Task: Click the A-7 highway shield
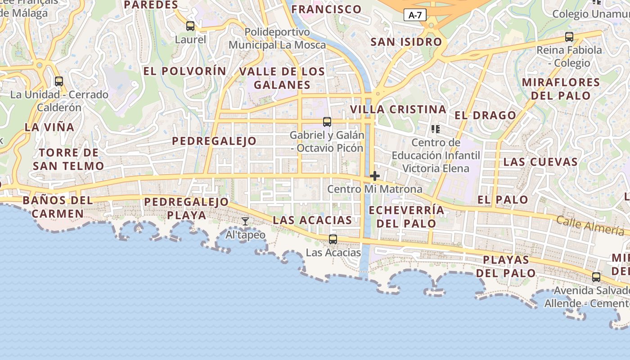point(414,15)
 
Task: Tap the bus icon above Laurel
point(190,26)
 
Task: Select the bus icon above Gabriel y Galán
point(327,121)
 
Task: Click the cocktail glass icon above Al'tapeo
point(245,221)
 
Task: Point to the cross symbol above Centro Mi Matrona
point(374,176)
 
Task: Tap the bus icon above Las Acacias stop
point(333,239)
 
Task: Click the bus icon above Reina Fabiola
point(569,36)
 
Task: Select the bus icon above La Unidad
point(59,81)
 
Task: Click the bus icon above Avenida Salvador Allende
point(596,277)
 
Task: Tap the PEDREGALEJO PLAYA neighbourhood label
point(187,208)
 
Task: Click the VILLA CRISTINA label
point(398,109)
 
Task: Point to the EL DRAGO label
point(485,115)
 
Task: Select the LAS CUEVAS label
point(540,162)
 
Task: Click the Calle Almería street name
point(590,225)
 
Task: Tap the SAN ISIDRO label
point(406,42)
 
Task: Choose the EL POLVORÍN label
point(184,71)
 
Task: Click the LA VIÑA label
point(49,127)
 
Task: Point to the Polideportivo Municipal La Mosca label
point(277,39)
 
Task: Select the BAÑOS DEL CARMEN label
point(58,207)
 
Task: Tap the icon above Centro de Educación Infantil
point(435,130)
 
